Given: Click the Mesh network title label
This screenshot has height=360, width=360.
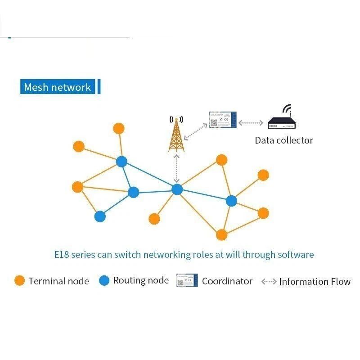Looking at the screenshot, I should coord(58,87).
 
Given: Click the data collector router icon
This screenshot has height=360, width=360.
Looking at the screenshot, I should coord(283,122).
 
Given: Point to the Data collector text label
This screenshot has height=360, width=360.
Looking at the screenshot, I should coord(283,140).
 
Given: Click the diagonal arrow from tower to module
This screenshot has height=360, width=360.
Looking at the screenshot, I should coord(196,130).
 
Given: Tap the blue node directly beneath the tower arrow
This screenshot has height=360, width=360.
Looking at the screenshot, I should coord(177,189).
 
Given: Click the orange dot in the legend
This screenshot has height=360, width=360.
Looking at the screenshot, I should coord(19,281).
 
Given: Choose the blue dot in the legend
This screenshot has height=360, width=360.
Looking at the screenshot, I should coord(104,281).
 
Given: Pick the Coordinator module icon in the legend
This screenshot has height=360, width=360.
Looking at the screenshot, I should coord(187,280).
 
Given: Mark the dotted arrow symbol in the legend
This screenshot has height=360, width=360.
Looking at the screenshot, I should coord(269,282).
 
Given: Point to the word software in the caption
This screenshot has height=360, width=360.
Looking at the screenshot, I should coord(295,255).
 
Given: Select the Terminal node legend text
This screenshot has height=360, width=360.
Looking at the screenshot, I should coord(58,281).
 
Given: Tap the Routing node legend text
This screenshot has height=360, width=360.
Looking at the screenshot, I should coord(141,281).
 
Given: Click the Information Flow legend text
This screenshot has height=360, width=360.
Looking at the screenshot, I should coord(315,282).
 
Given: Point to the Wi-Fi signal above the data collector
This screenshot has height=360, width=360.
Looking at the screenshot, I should coord(287,109).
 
